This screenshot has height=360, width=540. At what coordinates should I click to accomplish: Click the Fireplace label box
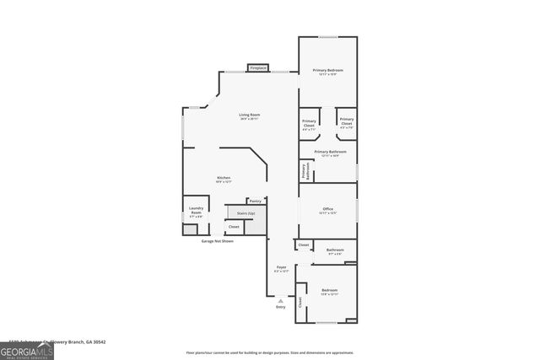tap(258, 67)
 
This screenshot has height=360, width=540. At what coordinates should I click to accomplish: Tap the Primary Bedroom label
tap(327, 72)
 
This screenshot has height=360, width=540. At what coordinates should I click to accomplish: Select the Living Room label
tap(249, 116)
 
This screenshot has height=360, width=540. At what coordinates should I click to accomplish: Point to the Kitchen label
tap(224, 179)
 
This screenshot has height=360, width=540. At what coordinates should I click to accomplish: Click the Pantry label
tap(256, 201)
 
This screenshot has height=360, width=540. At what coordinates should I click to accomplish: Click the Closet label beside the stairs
tap(234, 227)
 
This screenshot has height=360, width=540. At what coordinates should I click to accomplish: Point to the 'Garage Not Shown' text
tap(218, 241)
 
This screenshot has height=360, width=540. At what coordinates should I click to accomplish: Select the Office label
tap(327, 211)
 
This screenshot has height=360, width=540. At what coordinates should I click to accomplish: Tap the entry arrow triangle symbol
tap(281, 300)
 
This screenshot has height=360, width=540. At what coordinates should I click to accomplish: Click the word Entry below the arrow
tap(281, 307)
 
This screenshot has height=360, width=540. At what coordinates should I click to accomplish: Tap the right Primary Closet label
tap(347, 124)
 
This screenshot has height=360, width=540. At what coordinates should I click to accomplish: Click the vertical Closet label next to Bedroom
tap(300, 301)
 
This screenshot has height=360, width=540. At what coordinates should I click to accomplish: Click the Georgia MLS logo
tap(26, 348)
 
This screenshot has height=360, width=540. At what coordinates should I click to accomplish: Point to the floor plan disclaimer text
tap(270, 352)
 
